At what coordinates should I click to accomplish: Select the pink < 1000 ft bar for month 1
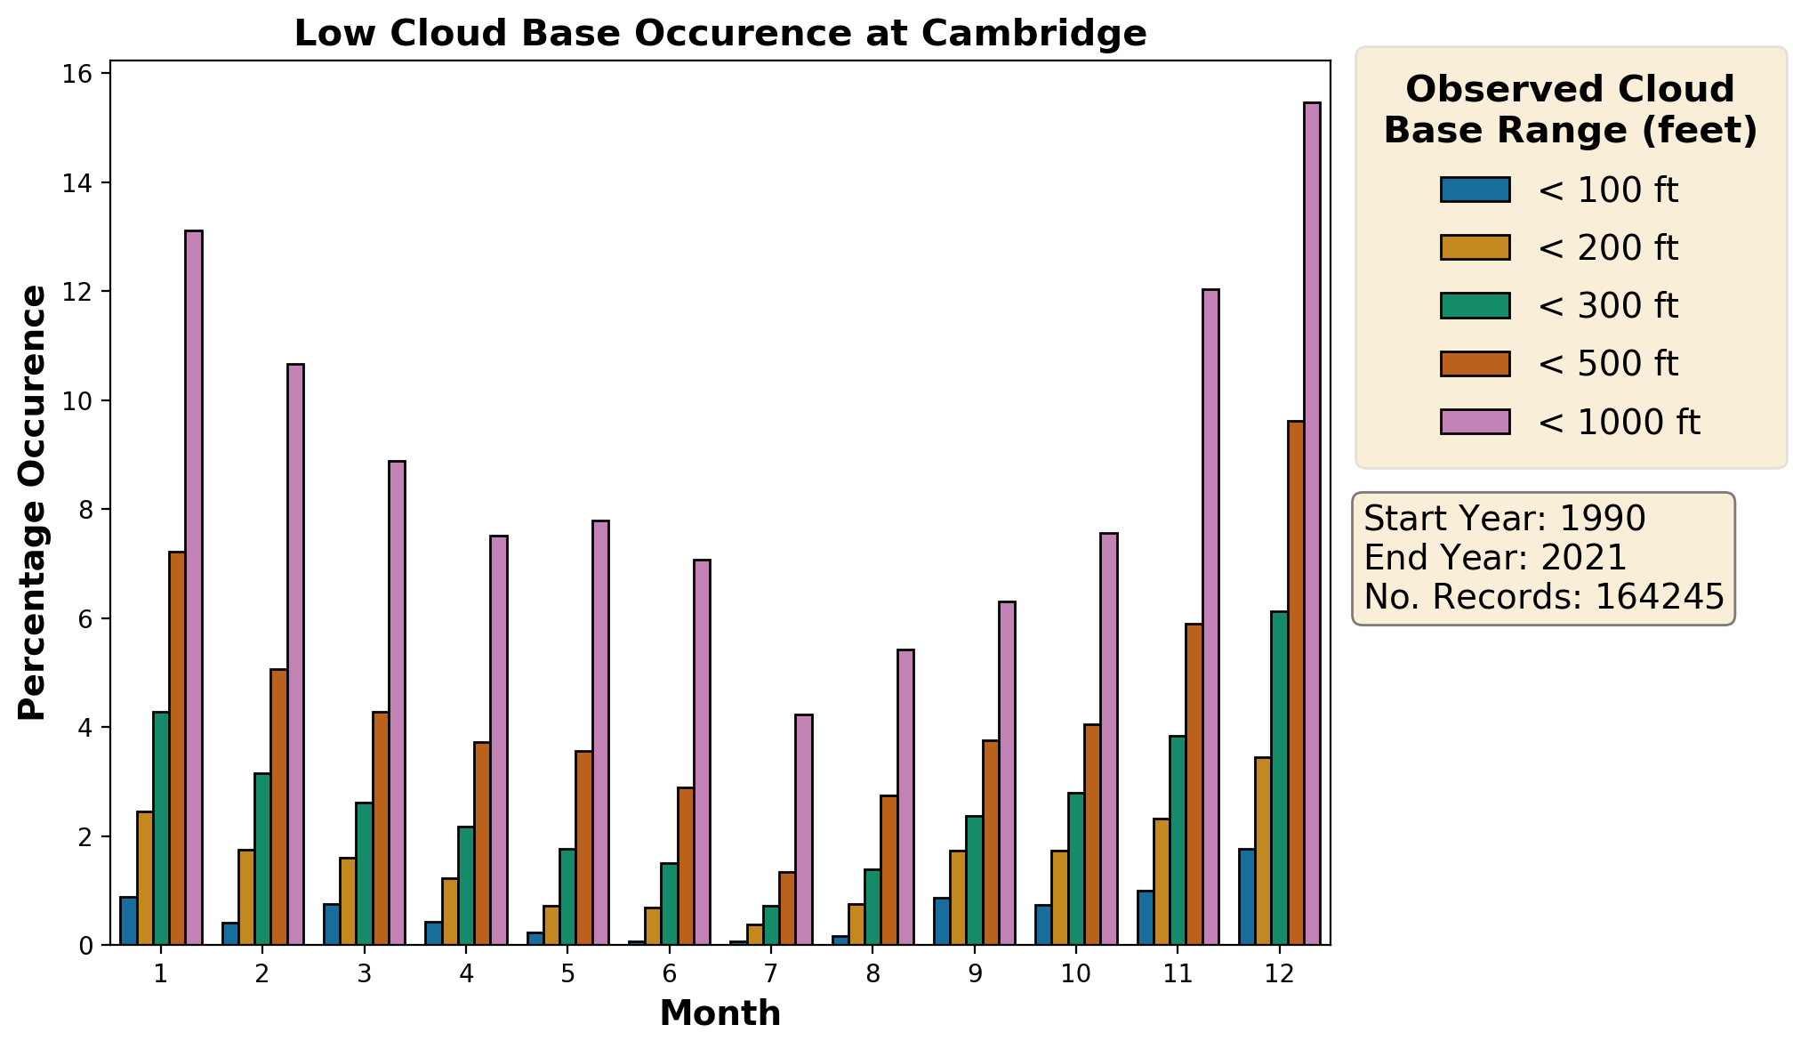pyautogui.click(x=194, y=587)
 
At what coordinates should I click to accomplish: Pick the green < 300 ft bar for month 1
pyautogui.click(x=161, y=827)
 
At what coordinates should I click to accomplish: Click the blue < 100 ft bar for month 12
pyautogui.click(x=1247, y=897)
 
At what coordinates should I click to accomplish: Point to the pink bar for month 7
pyautogui.click(x=803, y=829)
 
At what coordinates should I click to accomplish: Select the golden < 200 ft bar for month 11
pyautogui.click(x=1162, y=881)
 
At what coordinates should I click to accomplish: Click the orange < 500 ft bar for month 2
pyautogui.click(x=279, y=806)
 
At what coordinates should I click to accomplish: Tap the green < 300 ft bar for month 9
pyautogui.click(x=974, y=880)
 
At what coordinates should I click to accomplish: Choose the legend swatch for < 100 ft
pyautogui.click(x=1475, y=190)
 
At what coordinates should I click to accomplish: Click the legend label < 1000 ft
pyautogui.click(x=1619, y=422)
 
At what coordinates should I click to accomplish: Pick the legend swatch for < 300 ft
pyautogui.click(x=1475, y=305)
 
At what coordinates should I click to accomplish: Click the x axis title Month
pyautogui.click(x=720, y=1013)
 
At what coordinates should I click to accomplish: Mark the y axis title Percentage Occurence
pyautogui.click(x=33, y=503)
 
